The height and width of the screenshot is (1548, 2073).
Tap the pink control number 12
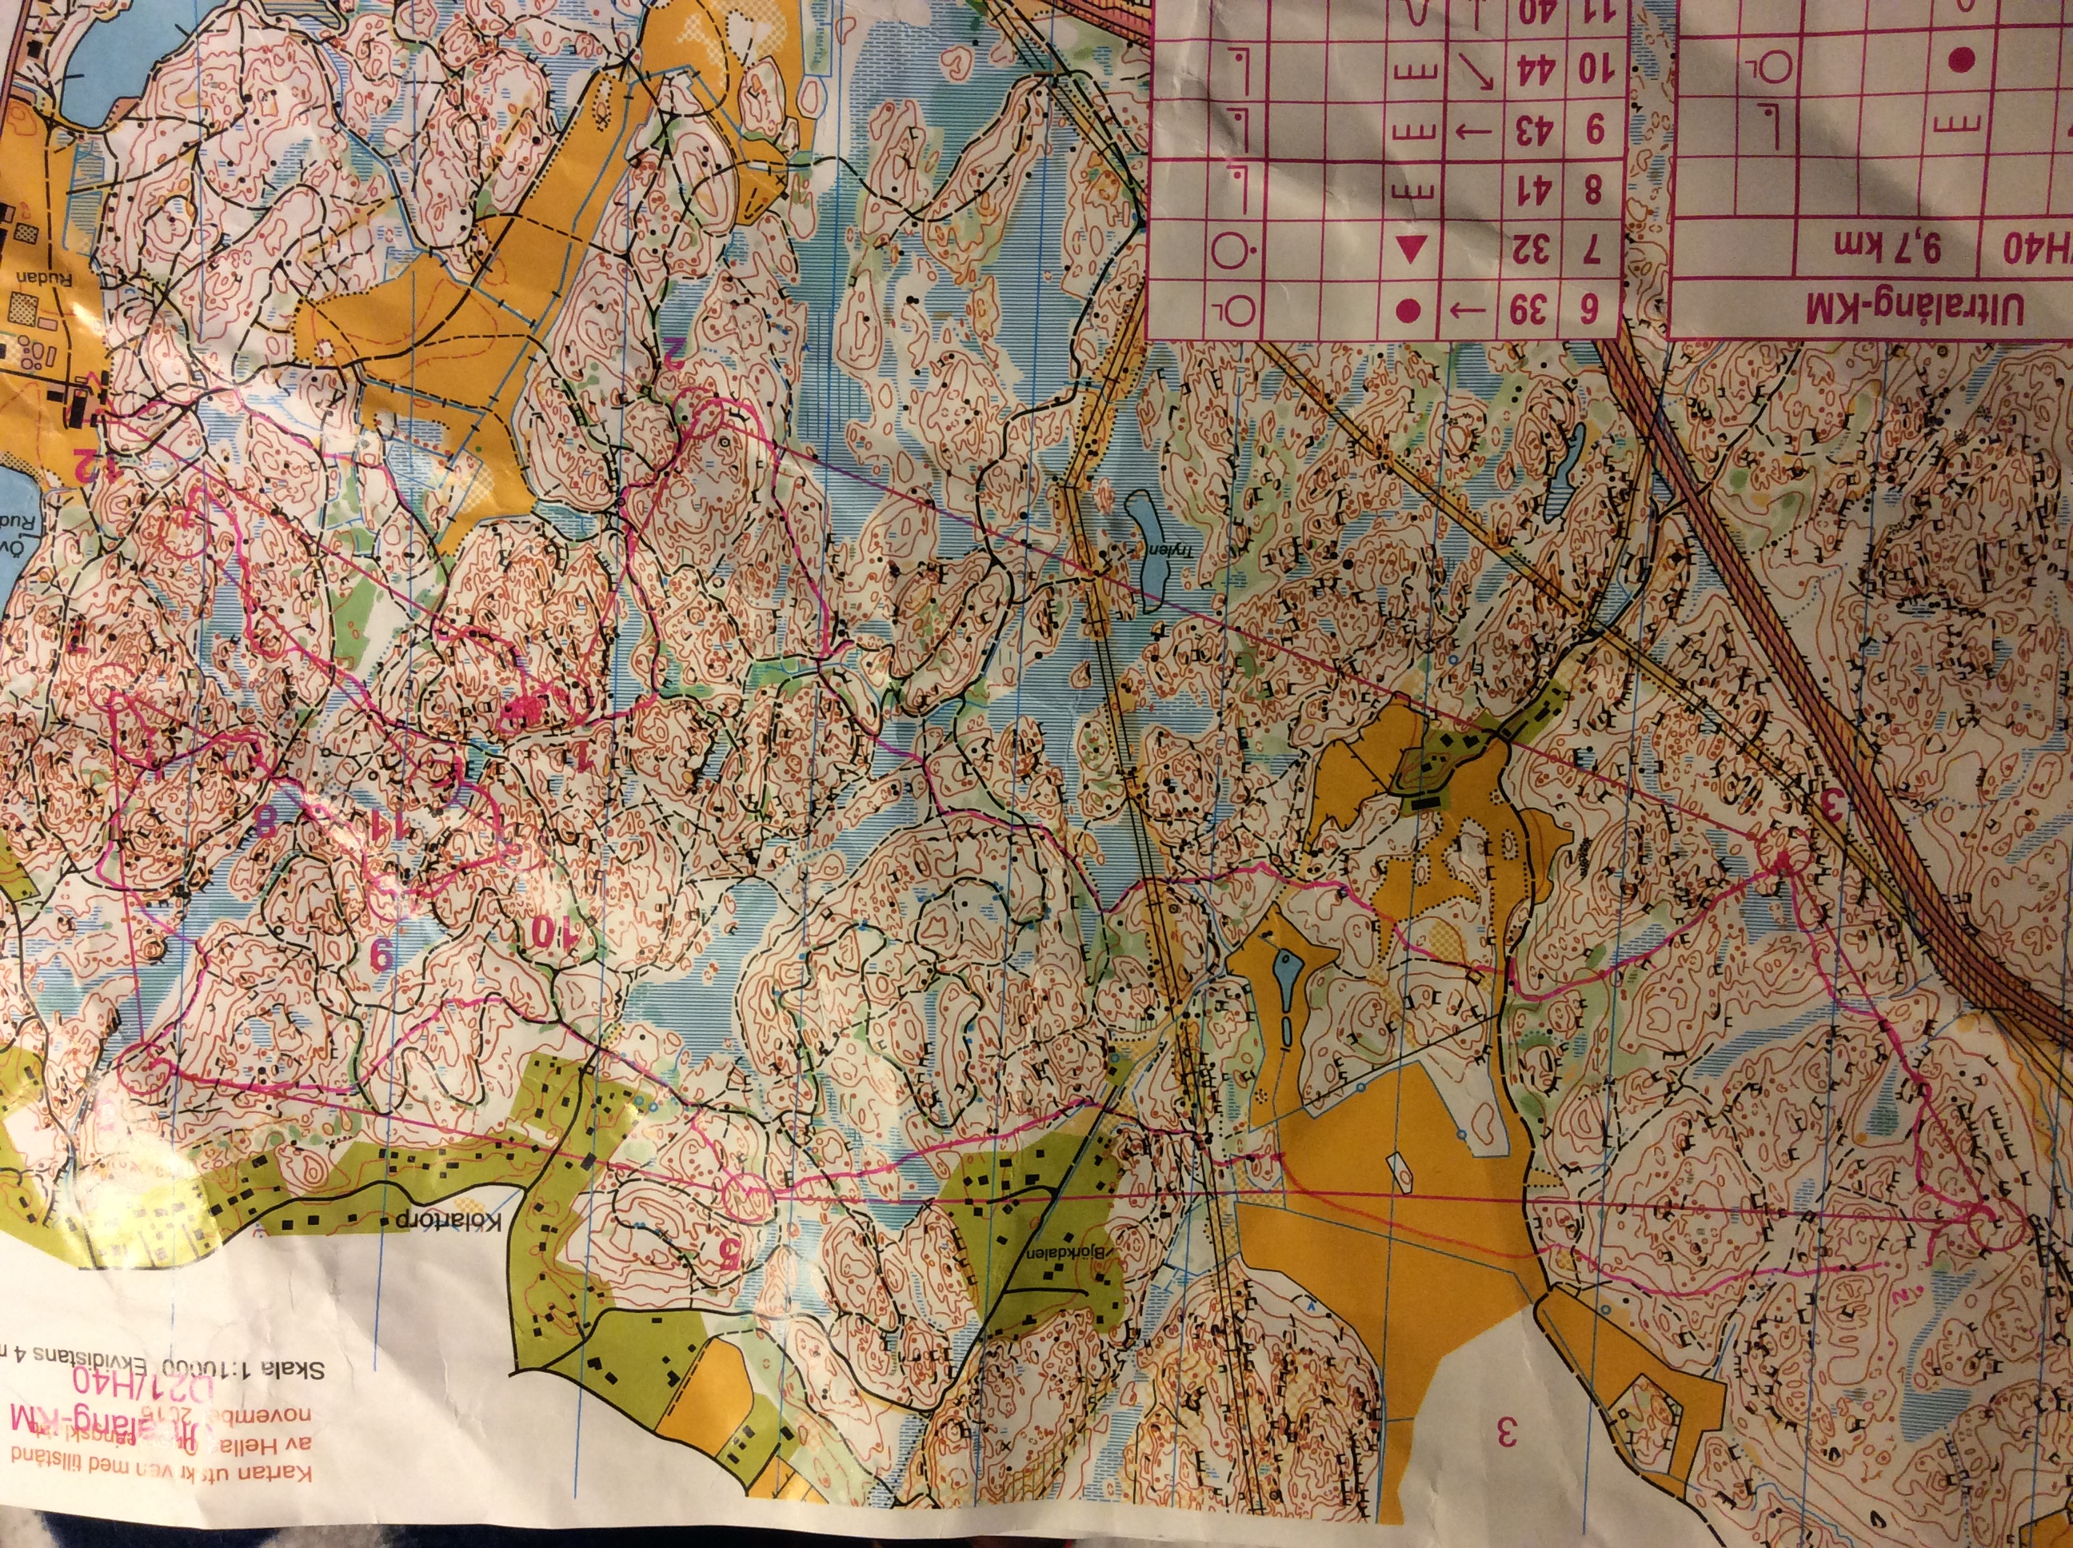(x=87, y=462)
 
